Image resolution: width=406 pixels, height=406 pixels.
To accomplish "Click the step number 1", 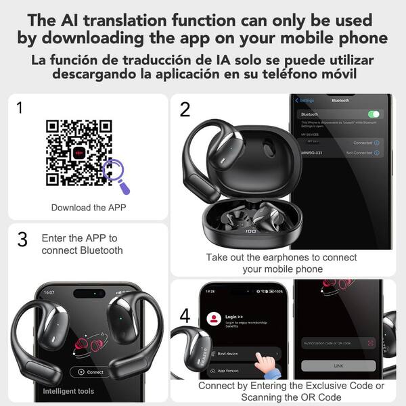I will (19, 108).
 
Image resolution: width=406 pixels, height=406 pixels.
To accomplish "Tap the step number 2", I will (185, 109).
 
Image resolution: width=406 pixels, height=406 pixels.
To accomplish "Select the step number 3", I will (22, 239).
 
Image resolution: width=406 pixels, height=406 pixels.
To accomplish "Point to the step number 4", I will (185, 315).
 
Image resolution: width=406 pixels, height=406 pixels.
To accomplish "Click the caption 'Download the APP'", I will (88, 207).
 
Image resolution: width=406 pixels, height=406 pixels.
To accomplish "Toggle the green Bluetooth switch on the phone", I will (373, 114).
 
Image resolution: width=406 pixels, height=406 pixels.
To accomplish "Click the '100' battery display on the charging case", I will (250, 231).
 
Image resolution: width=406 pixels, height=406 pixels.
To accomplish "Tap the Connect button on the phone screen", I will (91, 371).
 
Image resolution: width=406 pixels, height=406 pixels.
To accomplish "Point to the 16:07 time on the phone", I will (49, 292).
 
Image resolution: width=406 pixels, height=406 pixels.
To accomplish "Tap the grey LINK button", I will (338, 365).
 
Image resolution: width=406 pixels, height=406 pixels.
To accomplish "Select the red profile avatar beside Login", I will (215, 318).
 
